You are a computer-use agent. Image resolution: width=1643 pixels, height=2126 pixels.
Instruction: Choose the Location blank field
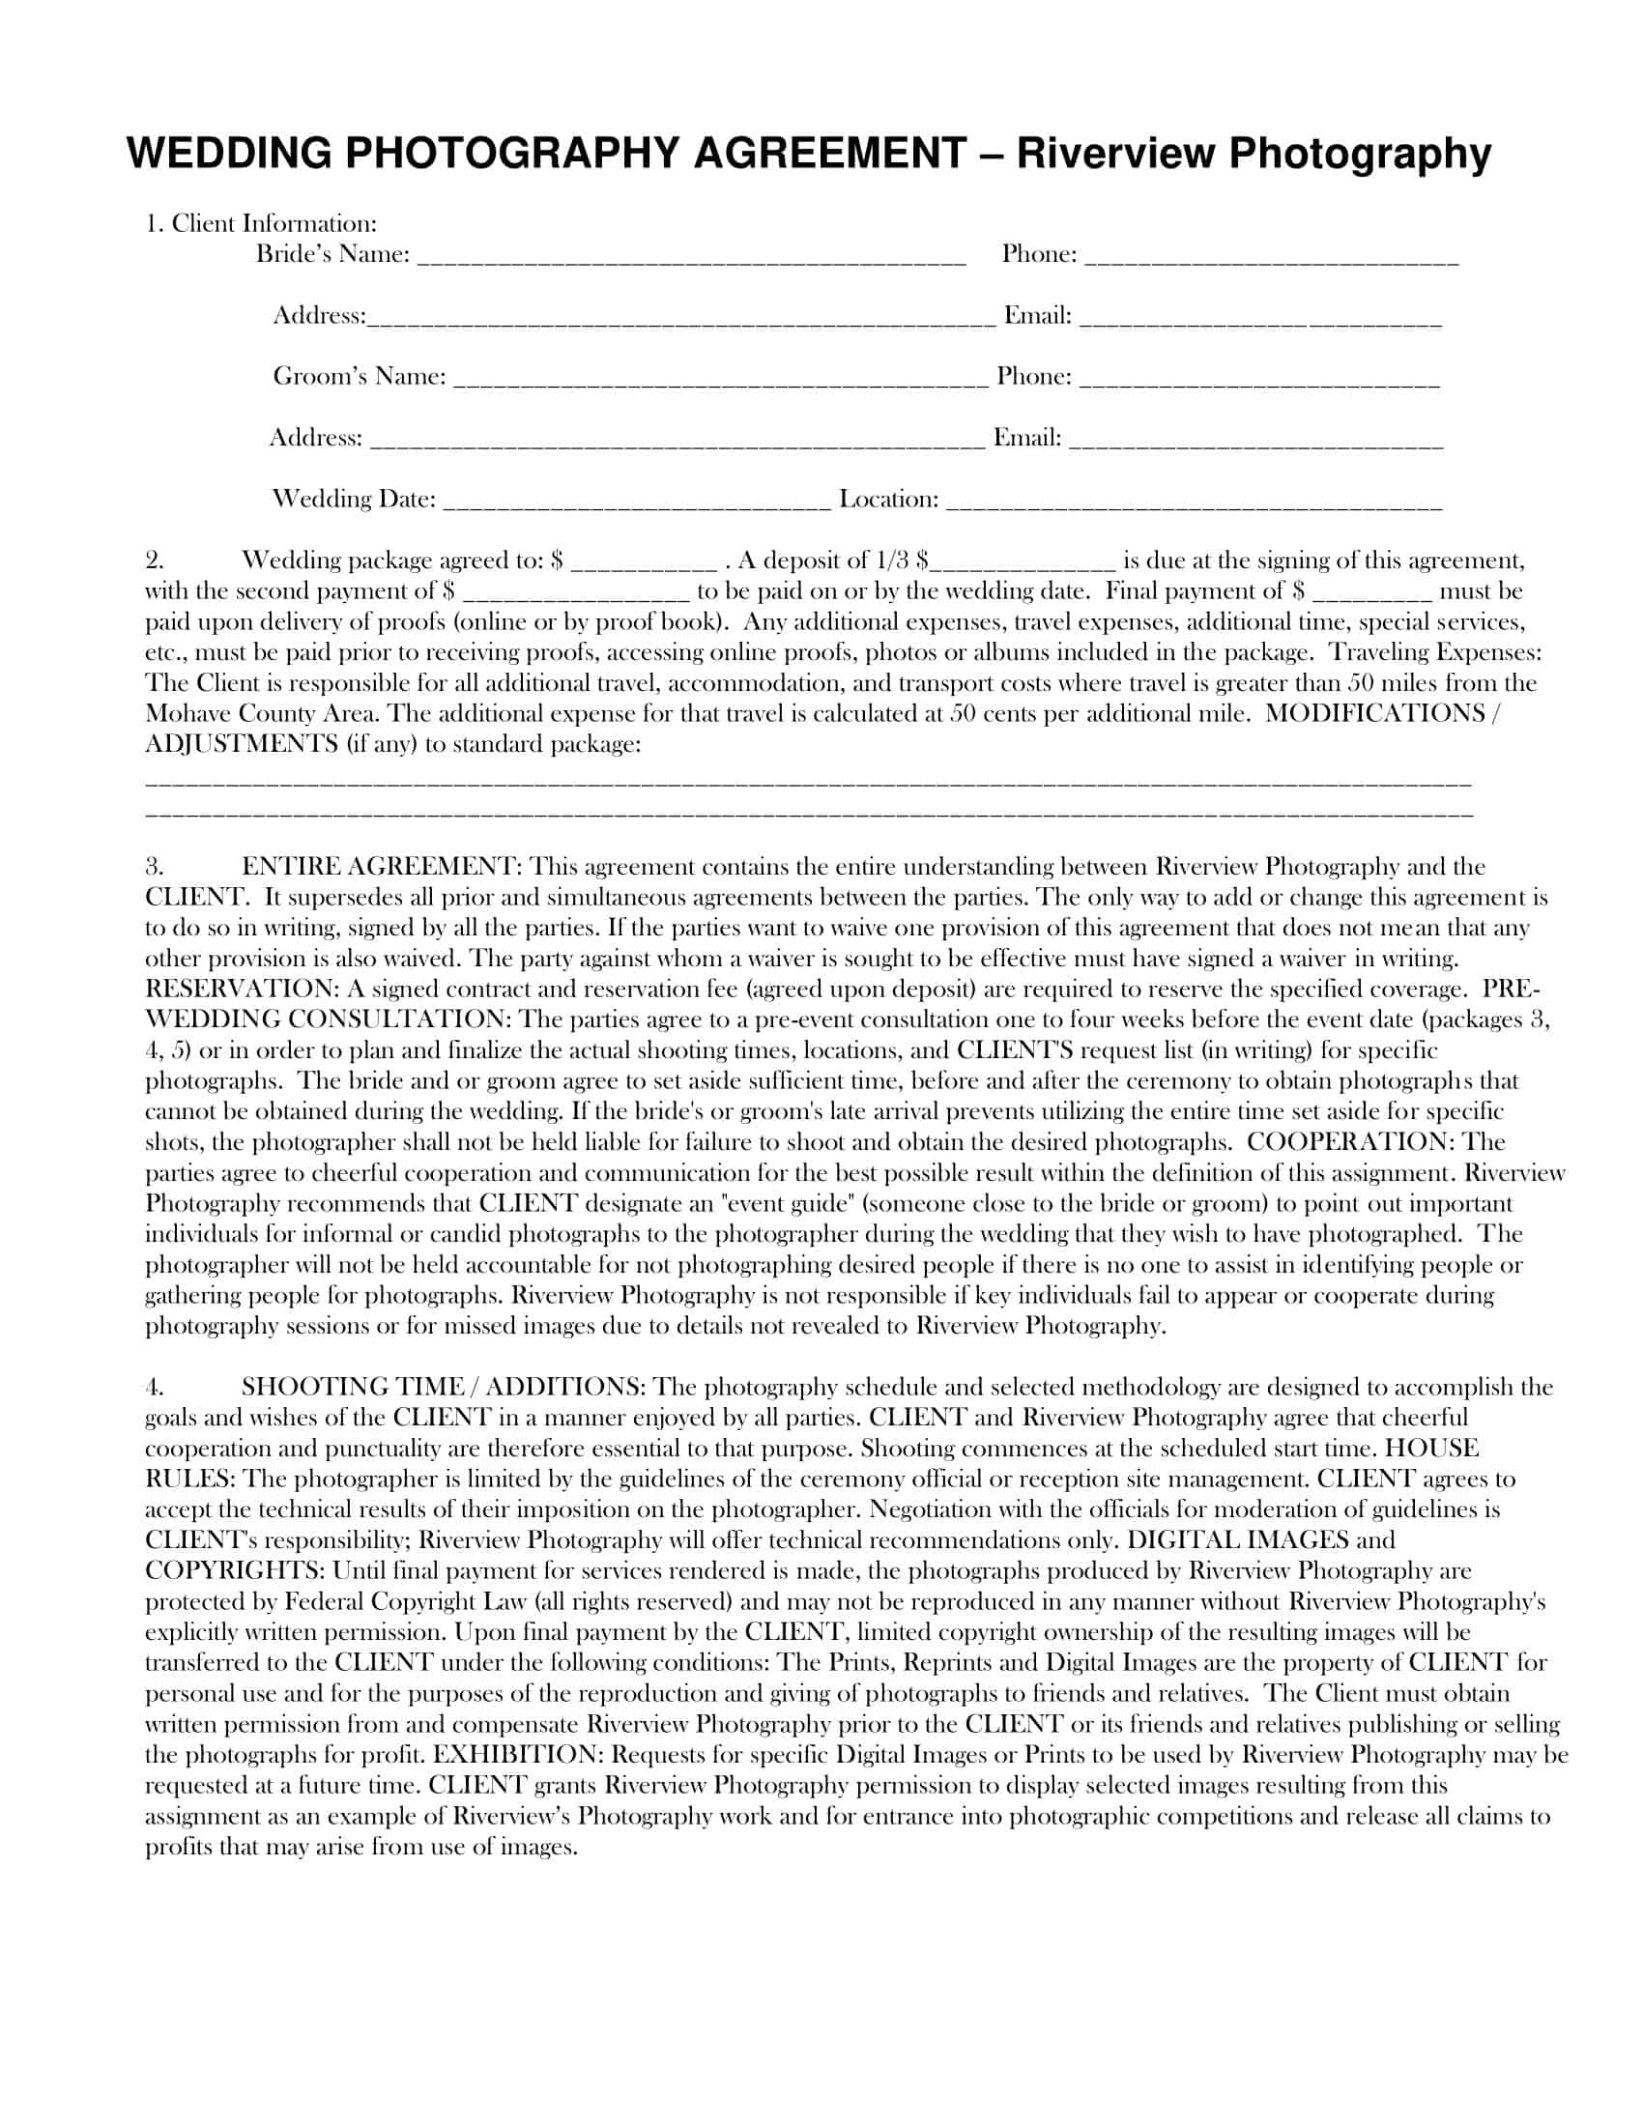(1194, 503)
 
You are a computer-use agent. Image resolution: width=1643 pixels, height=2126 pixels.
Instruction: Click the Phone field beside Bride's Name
(1271, 257)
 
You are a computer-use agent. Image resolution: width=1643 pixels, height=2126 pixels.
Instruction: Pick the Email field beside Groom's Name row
(1255, 441)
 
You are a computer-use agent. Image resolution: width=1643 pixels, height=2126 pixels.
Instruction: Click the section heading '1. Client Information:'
(261, 224)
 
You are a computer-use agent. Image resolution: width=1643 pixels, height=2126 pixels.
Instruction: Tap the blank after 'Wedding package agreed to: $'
(644, 563)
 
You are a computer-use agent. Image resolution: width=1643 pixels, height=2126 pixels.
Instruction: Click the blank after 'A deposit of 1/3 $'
(1022, 563)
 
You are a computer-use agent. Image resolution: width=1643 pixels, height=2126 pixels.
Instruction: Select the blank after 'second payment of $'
(575, 593)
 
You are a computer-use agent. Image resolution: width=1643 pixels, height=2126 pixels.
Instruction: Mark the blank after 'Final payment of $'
(1372, 593)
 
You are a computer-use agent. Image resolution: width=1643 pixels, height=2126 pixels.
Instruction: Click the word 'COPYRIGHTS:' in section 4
(235, 1570)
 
